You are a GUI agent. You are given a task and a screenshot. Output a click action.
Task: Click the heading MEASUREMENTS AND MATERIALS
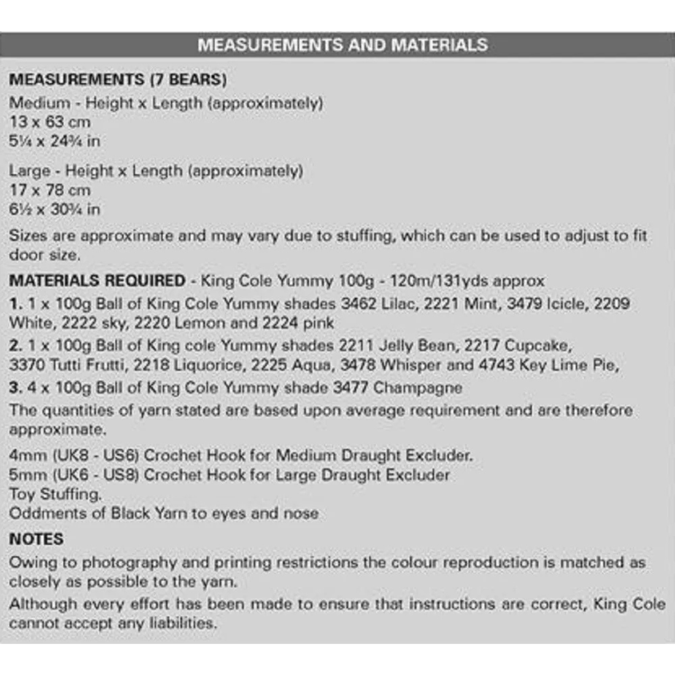343,45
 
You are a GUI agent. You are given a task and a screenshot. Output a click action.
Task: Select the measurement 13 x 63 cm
50,122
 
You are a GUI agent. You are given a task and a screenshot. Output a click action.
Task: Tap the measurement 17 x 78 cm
50,190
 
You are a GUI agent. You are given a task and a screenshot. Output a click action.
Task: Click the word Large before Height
30,171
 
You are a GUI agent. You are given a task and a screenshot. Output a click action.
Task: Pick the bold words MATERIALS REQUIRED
97,281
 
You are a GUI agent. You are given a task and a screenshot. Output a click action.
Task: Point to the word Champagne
418,388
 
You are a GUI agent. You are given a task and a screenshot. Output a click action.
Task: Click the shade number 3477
351,388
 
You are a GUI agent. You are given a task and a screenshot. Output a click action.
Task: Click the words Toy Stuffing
55,494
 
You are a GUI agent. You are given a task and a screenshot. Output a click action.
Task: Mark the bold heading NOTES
36,539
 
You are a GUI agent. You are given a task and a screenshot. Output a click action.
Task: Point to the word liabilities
183,623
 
